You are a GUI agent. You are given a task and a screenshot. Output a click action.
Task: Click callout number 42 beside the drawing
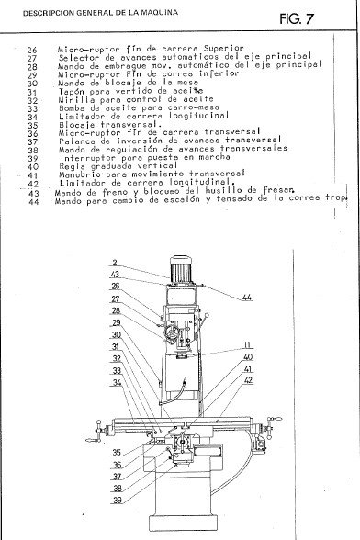[x=248, y=378]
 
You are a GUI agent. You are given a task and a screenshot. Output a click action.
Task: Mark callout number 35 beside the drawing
[x=117, y=452]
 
